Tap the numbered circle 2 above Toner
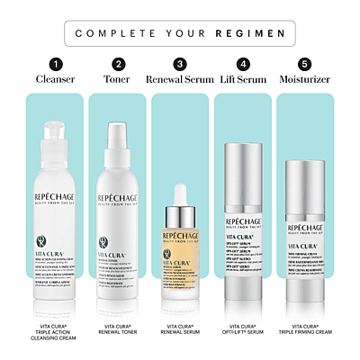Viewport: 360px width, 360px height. pos(118,64)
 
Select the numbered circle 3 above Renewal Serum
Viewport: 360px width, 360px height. pos(180,64)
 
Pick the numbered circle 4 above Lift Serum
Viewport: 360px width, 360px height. pos(243,64)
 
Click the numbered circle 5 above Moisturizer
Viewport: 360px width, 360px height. pos(306,64)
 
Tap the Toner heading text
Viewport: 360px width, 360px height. pos(118,79)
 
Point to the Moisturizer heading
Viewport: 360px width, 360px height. pos(306,79)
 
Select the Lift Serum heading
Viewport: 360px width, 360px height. pos(243,79)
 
